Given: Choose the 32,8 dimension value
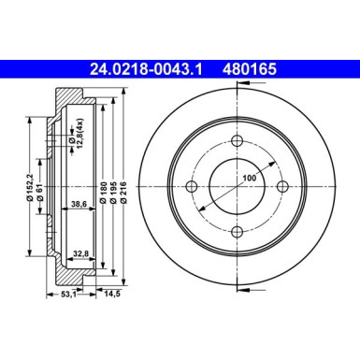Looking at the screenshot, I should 80,251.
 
